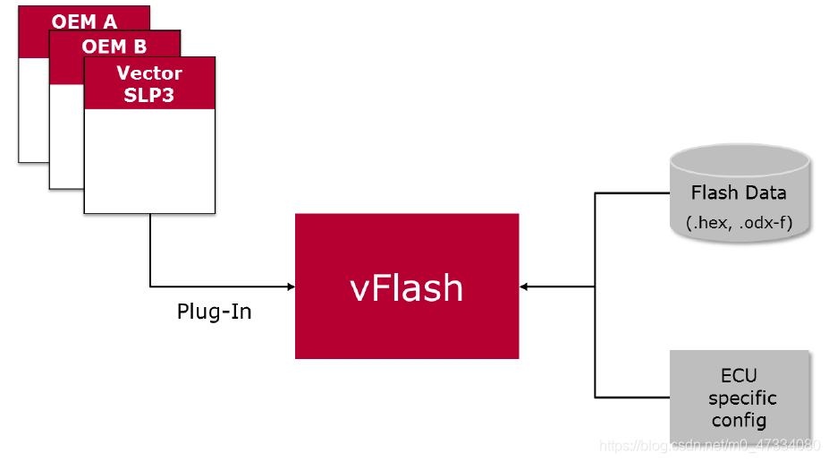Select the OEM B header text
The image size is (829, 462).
[x=114, y=47]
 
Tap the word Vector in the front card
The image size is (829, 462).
[x=149, y=73]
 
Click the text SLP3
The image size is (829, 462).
[x=149, y=95]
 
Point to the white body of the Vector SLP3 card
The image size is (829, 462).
[x=149, y=161]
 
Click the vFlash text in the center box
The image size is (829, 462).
[x=407, y=287]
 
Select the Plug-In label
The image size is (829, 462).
[x=214, y=312]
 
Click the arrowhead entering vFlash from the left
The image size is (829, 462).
[x=290, y=287]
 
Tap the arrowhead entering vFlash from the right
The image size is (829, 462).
[x=525, y=287]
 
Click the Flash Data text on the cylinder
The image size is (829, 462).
[x=739, y=192]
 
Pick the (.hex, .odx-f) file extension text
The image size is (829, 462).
[x=739, y=221]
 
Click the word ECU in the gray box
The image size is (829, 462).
[x=739, y=375]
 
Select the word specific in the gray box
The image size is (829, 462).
[x=741, y=398]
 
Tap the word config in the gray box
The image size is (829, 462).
[x=739, y=420]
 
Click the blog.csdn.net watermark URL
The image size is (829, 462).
[x=709, y=445]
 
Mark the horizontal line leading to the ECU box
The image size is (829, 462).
[x=631, y=397]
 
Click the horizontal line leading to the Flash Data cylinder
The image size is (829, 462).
[x=631, y=192]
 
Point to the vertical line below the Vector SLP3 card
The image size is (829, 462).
[x=150, y=251]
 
